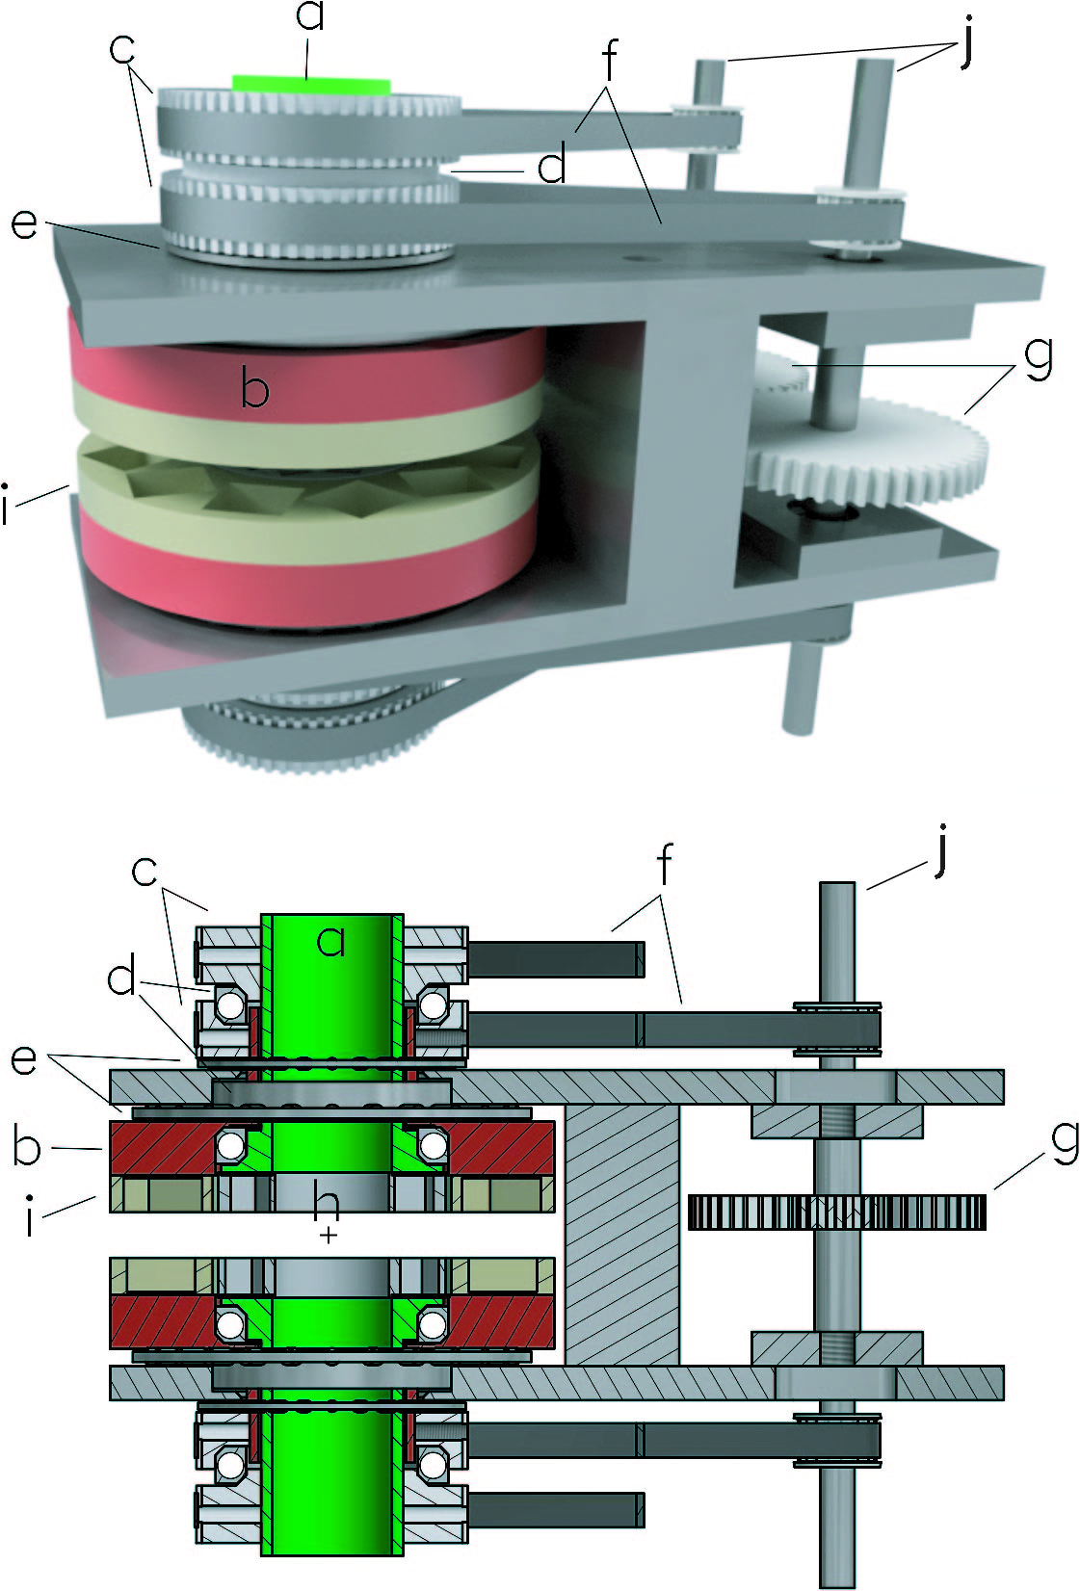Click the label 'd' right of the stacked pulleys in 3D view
coord(551,166)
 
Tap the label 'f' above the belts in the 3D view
coord(610,60)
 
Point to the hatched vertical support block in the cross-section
coord(621,1235)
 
